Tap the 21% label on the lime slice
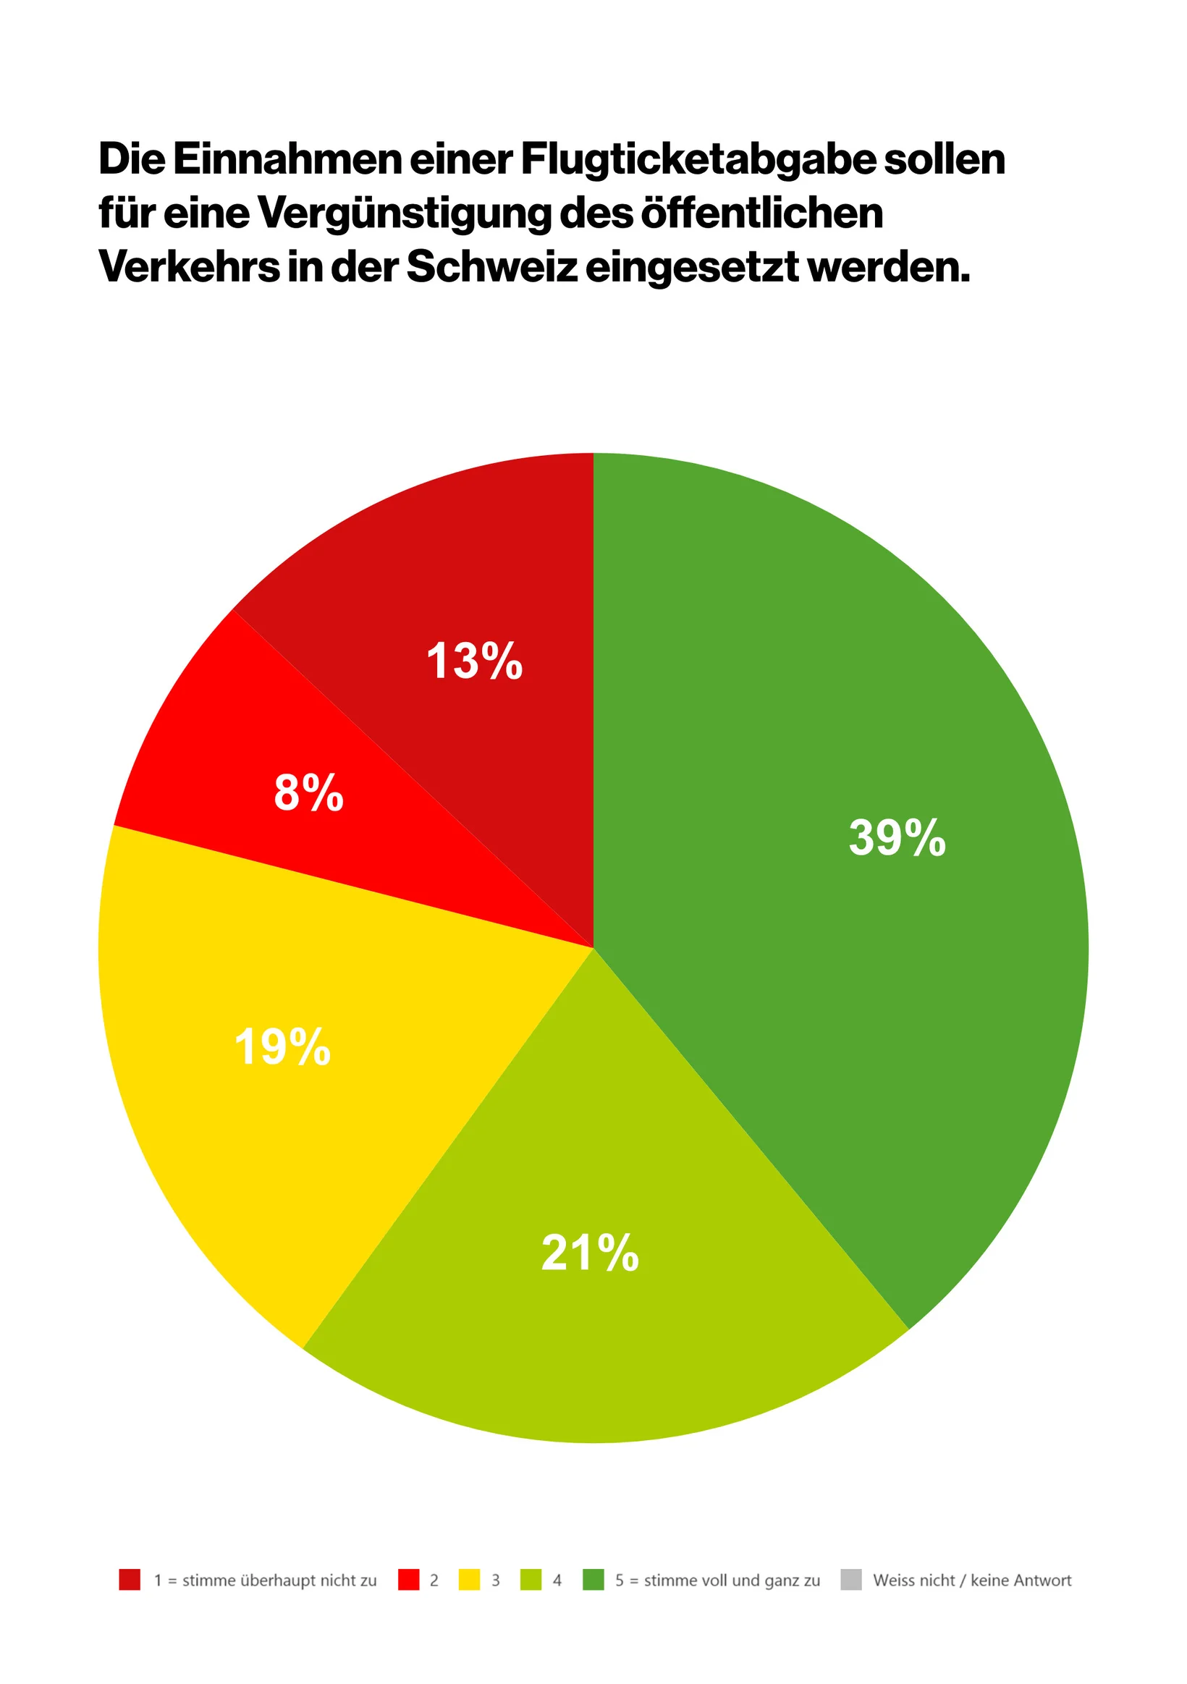point(590,1253)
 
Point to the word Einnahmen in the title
point(287,159)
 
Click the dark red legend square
point(129,1580)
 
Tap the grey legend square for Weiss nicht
point(850,1580)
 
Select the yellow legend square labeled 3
point(469,1580)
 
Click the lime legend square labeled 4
point(531,1580)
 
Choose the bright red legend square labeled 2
point(408,1580)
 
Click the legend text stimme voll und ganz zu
point(732,1581)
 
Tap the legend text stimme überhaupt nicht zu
point(279,1581)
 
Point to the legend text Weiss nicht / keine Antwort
point(971,1581)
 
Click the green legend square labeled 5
point(593,1580)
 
